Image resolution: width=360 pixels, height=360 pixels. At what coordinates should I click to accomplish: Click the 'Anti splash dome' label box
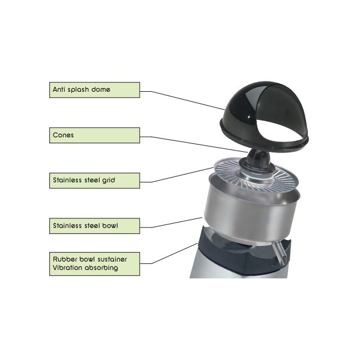tap(94, 90)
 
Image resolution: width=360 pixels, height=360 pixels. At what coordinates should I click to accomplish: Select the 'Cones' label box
tap(94, 135)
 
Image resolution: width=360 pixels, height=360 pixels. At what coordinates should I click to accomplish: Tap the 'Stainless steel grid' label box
tap(94, 179)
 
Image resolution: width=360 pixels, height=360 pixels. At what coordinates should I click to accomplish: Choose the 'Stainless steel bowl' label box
tap(94, 226)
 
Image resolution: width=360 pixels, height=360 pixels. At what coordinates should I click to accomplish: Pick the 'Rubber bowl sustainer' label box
tap(94, 263)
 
